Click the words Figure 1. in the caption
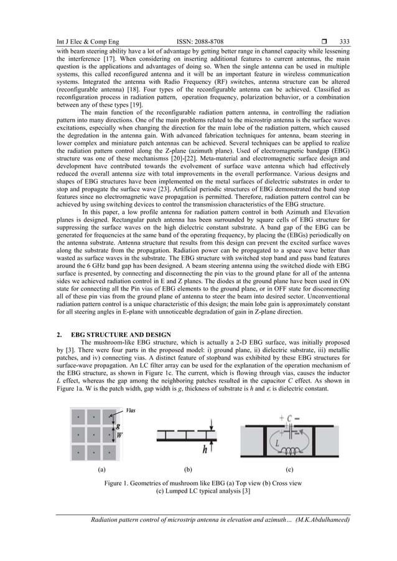pos(119,483)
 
